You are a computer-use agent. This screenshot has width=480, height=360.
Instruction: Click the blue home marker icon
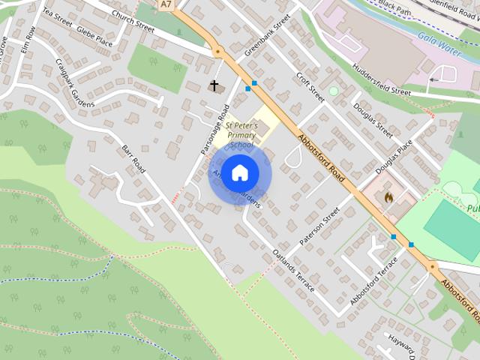click(239, 172)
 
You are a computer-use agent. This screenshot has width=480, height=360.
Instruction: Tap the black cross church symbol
click(214, 85)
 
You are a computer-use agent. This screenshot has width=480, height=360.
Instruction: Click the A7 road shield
click(166, 4)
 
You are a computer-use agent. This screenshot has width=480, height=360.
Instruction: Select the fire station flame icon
click(388, 197)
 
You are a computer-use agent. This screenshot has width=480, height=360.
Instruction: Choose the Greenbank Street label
click(267, 36)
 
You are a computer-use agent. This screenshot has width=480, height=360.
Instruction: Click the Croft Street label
click(310, 88)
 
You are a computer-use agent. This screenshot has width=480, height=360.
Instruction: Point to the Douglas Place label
click(394, 158)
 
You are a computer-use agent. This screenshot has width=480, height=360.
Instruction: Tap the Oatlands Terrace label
click(294, 271)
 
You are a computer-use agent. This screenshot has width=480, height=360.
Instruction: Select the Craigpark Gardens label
click(74, 82)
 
